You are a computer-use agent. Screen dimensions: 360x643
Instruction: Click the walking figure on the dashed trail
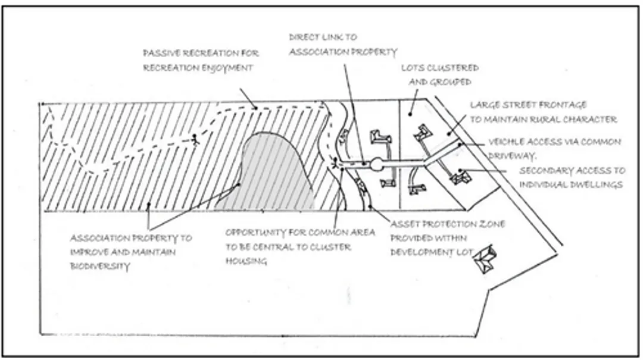pos(193,140)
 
